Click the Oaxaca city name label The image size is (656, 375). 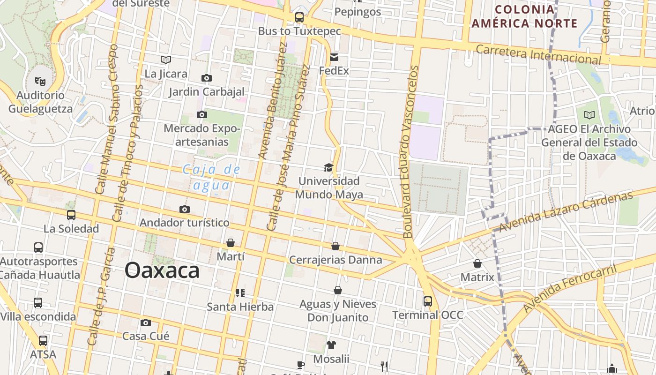(162, 270)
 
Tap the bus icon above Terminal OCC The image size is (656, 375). (428, 301)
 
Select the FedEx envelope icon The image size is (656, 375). (334, 57)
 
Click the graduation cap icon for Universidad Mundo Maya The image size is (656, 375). (329, 167)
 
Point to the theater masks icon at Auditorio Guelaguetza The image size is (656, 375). (41, 82)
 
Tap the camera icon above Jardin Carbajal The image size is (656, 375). (206, 78)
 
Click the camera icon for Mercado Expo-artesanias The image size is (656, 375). (202, 114)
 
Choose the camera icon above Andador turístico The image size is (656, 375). (185, 209)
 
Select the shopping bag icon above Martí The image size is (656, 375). (231, 243)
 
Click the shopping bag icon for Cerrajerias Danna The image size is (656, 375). (335, 246)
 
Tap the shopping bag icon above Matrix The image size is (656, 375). (477, 263)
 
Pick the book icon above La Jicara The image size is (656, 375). (166, 60)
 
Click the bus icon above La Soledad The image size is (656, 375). (71, 215)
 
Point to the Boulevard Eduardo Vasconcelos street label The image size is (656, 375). (410, 151)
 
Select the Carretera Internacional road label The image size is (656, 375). (538, 54)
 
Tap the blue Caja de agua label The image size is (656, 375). (211, 177)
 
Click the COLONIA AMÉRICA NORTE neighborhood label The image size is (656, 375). (524, 16)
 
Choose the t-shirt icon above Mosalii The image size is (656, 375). (331, 345)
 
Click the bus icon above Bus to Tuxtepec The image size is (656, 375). (299, 17)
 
